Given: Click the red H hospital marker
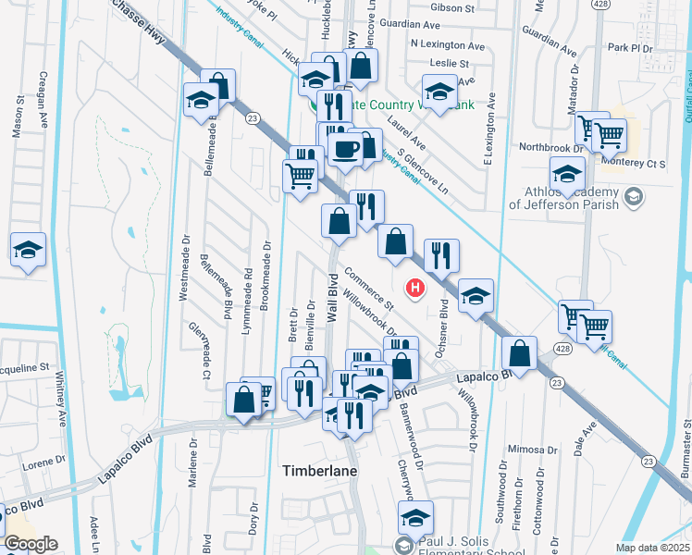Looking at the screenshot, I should click(x=415, y=290).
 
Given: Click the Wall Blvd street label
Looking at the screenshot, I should click(x=331, y=298).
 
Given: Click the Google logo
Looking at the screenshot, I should click(x=30, y=543).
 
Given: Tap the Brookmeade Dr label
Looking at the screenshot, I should click(x=266, y=275).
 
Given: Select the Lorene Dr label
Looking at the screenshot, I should click(x=42, y=462).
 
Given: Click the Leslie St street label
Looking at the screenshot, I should click(x=450, y=64).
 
